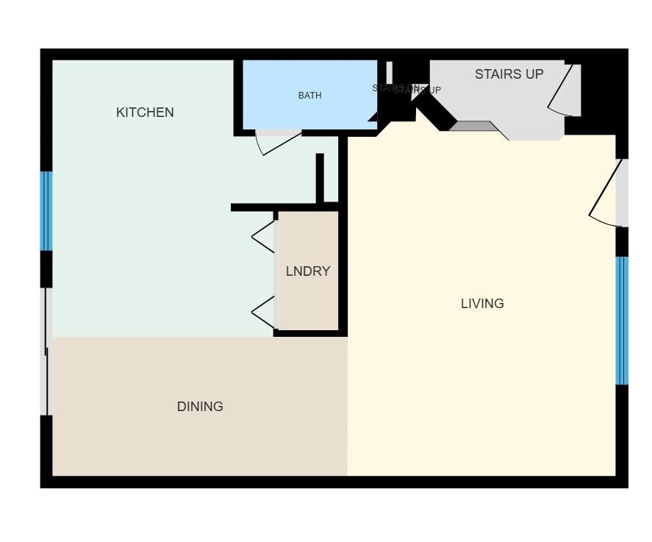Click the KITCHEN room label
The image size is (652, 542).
pos(145,113)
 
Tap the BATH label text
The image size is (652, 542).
pos(309,96)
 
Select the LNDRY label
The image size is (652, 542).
pos(308,271)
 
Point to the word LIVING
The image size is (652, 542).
pos(482,304)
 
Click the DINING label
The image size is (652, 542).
pos(200,407)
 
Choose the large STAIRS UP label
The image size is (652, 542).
pos(509,74)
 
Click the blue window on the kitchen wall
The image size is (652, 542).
pos(46,211)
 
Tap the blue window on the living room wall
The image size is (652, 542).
pos(622,321)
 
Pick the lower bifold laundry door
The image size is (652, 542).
pos(264,313)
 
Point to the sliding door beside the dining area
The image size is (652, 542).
pos(46,352)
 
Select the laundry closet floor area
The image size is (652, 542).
pos(308,302)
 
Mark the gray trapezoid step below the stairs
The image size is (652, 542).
pos(474,126)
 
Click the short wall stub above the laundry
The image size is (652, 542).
pos(320,177)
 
